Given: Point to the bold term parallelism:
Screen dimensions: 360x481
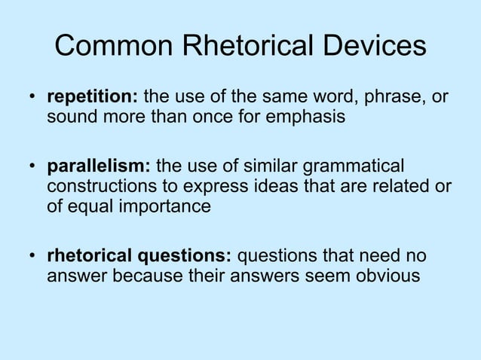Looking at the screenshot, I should [x=99, y=166].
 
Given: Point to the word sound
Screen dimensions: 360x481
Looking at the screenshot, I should [x=70, y=117].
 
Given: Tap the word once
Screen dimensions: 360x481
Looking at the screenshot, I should [x=198, y=117].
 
